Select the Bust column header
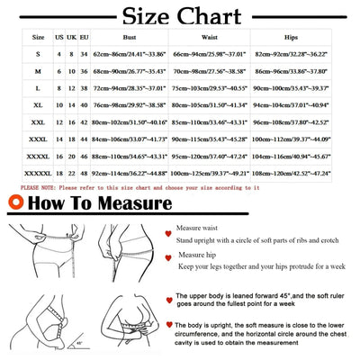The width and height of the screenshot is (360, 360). pyautogui.click(x=129, y=38)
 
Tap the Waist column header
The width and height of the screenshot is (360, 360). pyautogui.click(x=209, y=38)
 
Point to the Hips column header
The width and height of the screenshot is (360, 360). pyautogui.click(x=290, y=38)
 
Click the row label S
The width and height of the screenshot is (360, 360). pyautogui.click(x=38, y=55)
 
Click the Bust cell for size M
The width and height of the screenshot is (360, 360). pyautogui.click(x=129, y=71)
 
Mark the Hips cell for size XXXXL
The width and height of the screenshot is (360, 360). pyautogui.click(x=290, y=156)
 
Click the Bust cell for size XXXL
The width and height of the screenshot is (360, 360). pyautogui.click(x=129, y=139)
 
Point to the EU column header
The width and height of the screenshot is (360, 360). pyautogui.click(x=84, y=38)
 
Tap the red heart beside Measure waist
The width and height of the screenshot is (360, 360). pyautogui.click(x=167, y=232)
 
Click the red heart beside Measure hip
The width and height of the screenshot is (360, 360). pyautogui.click(x=167, y=258)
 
